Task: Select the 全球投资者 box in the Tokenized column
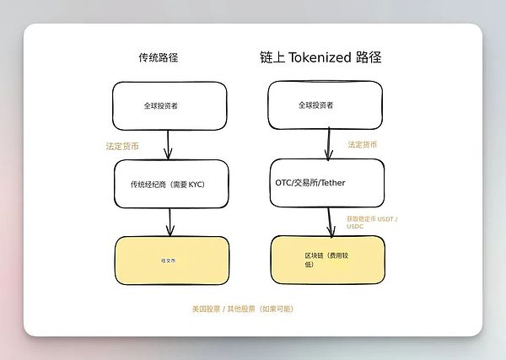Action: (326, 106)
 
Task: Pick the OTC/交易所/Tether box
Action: (326, 182)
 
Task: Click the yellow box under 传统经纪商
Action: (171, 261)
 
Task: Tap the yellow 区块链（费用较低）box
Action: (326, 259)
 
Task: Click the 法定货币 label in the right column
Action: (363, 145)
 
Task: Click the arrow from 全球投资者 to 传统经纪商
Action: (169, 143)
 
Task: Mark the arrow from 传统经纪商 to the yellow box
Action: (170, 222)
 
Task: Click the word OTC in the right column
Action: (284, 182)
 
